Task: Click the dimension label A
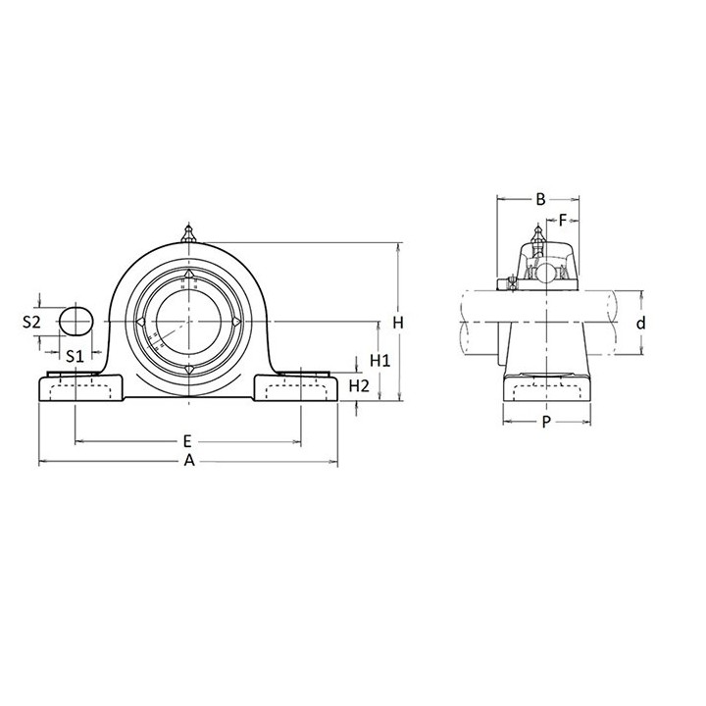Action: coord(189,461)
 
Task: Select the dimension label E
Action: coord(187,441)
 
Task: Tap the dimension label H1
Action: coord(380,360)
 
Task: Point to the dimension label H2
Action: coord(359,386)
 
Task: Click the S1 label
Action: coord(75,357)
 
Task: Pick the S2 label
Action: coord(31,322)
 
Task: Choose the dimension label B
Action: coord(540,199)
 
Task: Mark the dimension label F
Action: coord(563,221)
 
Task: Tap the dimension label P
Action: coord(546,422)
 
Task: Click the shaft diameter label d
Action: coord(640,323)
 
